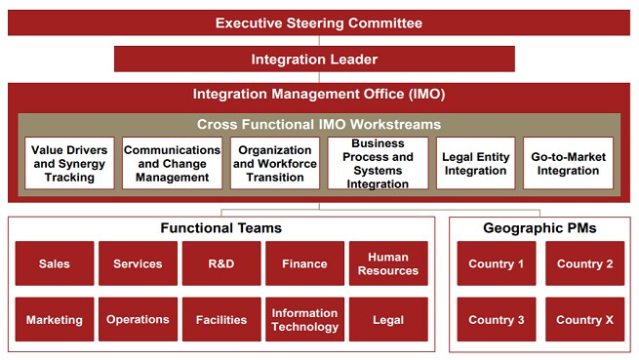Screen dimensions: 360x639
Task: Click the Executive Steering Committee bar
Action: coord(319,21)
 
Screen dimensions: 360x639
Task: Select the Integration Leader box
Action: coord(314,59)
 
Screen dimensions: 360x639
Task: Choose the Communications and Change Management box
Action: coord(172,163)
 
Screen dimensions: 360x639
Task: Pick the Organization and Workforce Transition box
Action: coord(274,163)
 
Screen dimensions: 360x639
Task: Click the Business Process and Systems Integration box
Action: coord(377,163)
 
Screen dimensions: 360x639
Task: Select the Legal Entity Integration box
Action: coord(475,163)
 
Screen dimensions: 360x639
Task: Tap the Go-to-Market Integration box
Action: coord(568,163)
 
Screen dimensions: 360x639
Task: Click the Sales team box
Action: coord(55,263)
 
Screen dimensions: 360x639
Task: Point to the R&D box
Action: coord(221,263)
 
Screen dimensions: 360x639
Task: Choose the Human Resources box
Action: coord(388,263)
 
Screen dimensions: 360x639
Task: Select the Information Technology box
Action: coord(304,319)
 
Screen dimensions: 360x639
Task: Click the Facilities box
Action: coord(221,319)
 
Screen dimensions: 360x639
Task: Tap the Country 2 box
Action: coord(585,263)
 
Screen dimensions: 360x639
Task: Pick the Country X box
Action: coord(585,319)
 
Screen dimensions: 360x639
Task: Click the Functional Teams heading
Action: coord(221,228)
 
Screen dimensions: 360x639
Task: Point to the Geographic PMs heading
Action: coord(540,228)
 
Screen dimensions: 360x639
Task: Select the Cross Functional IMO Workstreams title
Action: coord(319,124)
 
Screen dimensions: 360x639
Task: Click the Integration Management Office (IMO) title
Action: coord(319,95)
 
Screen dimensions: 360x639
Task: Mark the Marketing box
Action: coord(55,319)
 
